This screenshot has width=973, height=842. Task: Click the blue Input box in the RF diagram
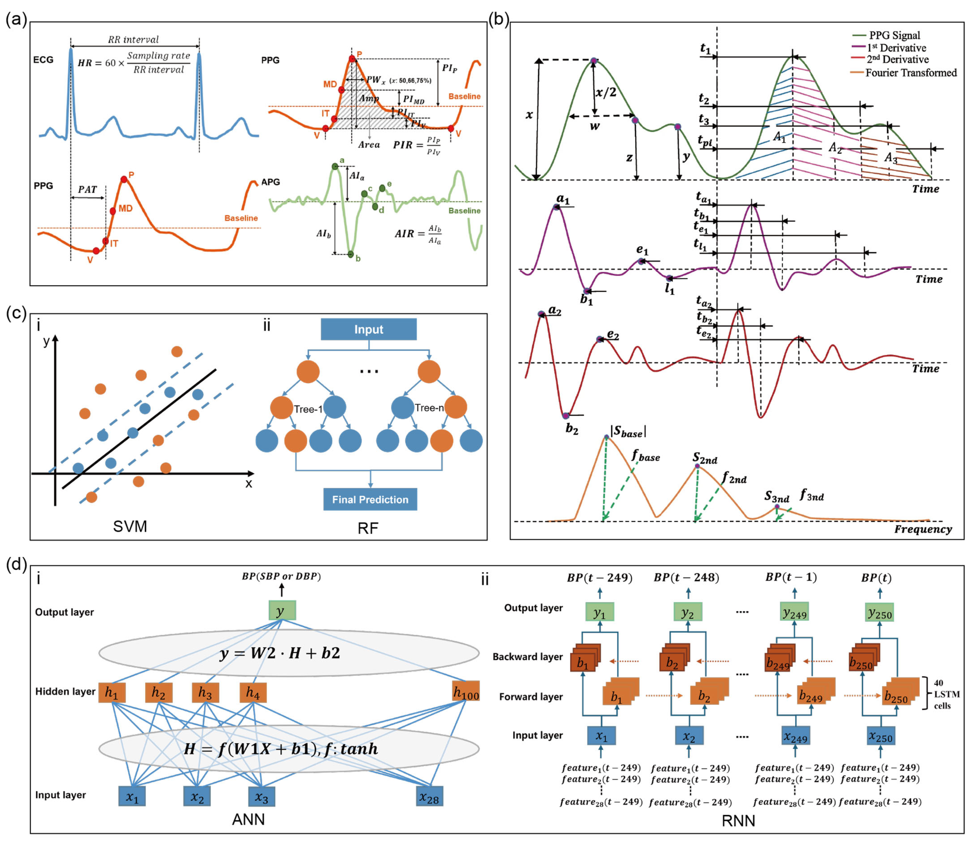tap(368, 329)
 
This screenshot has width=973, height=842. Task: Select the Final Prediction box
tap(370, 499)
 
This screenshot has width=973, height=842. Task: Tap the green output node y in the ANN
tap(282, 610)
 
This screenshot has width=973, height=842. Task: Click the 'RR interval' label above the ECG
tap(133, 40)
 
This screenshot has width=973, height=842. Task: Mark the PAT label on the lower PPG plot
tap(87, 189)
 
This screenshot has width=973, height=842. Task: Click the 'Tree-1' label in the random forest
tap(308, 409)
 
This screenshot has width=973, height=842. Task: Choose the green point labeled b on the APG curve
tap(350, 254)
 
